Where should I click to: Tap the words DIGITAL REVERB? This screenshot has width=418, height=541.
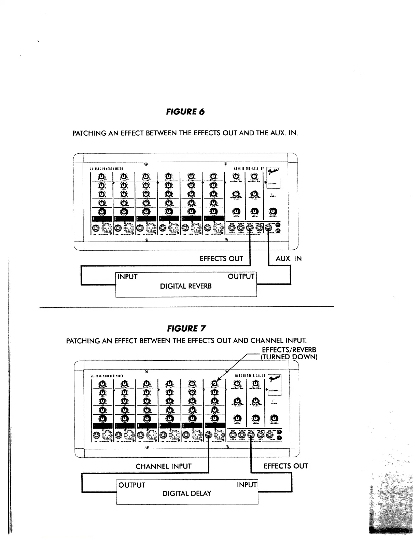tap(186, 286)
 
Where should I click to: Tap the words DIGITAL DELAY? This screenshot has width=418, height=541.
tap(187, 494)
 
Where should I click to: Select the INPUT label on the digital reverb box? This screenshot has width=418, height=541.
tap(127, 277)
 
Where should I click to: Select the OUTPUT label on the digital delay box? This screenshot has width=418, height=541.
tap(132, 485)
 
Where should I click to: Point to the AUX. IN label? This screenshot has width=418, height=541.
tap(289, 259)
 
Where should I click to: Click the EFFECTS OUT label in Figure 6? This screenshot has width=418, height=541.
tap(221, 259)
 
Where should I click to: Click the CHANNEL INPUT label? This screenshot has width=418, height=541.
tap(164, 466)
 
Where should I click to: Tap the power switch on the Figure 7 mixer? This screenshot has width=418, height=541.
tap(274, 401)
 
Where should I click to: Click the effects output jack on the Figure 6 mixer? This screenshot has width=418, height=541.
tap(251, 228)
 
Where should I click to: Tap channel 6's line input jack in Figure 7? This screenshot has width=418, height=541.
tap(209, 435)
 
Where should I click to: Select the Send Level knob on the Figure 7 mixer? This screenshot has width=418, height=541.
tap(274, 418)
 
